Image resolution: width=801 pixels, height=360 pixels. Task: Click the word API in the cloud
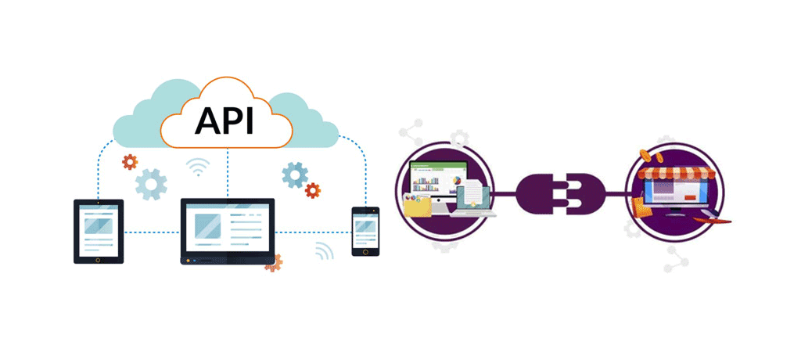pos(224,121)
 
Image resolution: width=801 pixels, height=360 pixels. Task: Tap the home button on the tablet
pos(98,259)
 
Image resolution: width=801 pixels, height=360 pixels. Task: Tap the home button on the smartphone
pos(365,250)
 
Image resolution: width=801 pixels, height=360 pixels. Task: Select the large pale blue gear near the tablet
pos(151,184)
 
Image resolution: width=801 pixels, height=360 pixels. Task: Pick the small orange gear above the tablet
pos(130,161)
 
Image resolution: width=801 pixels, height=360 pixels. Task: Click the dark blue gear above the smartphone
pos(295,175)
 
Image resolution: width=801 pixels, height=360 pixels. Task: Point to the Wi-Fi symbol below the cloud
pos(198,167)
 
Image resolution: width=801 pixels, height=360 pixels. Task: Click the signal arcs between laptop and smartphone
pos(323,250)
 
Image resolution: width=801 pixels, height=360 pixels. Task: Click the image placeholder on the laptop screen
pos(207,226)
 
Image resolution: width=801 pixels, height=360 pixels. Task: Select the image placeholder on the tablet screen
pos(98,226)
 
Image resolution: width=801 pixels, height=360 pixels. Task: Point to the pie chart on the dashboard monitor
pos(457,181)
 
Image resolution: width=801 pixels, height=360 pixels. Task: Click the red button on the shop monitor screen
pos(691,197)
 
